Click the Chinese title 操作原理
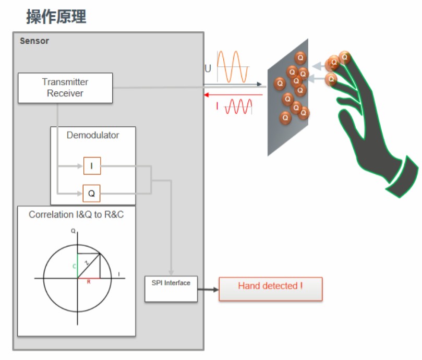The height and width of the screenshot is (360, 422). point(56,17)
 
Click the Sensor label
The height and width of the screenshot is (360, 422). point(34,41)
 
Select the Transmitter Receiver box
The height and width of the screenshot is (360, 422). point(65,88)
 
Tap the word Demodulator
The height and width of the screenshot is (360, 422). point(93,135)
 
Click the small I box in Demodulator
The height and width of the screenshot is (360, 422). point(92,166)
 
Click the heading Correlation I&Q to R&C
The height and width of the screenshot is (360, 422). point(76,214)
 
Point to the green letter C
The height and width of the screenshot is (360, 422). point(74,266)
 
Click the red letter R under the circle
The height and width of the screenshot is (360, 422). point(89,282)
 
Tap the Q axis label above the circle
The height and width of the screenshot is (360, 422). point(74,230)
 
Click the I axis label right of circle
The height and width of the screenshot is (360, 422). point(119,274)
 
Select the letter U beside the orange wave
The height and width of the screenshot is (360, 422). point(208,68)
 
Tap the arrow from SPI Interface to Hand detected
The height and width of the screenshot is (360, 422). point(208,289)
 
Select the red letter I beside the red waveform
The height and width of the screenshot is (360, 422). point(217,106)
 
